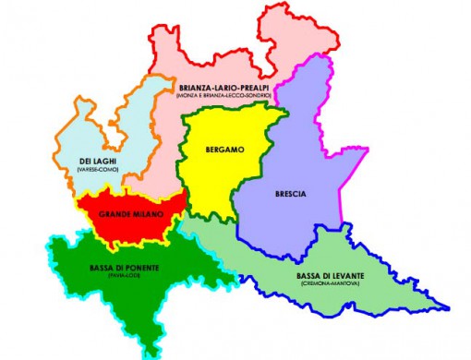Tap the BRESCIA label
coord(291,194)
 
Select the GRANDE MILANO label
coord(131,215)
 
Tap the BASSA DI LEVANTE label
coord(331,277)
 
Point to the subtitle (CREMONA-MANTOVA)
coord(331,285)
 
